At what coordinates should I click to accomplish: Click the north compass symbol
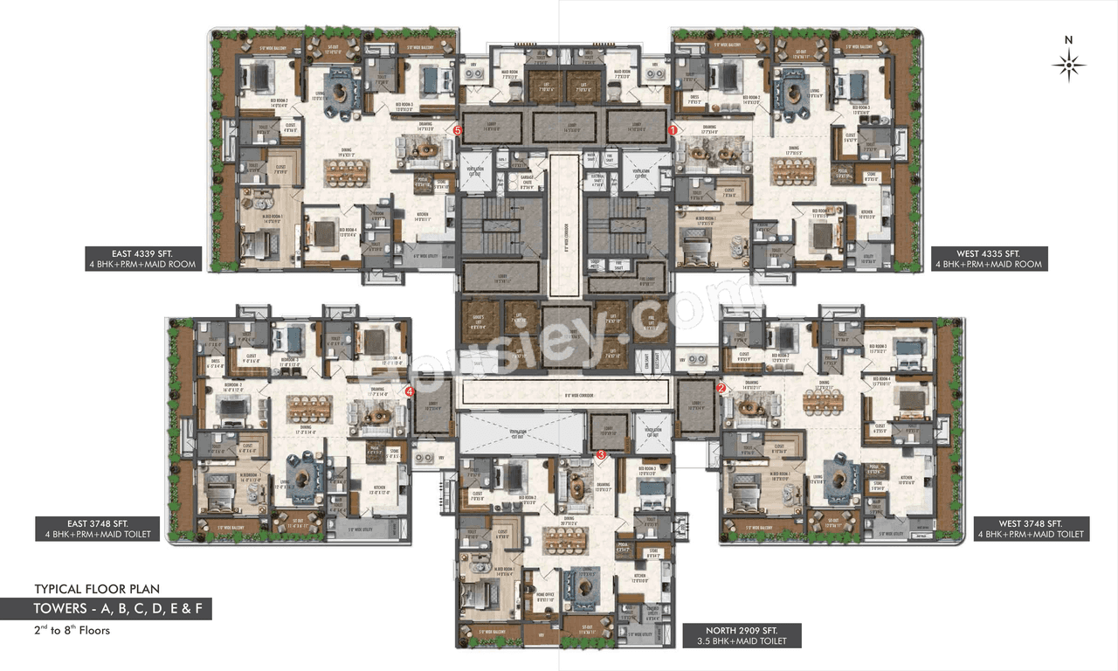click(x=1068, y=64)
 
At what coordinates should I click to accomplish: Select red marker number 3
click(x=601, y=454)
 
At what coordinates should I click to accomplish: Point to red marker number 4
click(x=409, y=392)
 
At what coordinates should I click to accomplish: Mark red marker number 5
click(x=458, y=131)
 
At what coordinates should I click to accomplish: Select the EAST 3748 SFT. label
click(x=97, y=523)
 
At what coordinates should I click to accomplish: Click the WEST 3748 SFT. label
click(x=1031, y=522)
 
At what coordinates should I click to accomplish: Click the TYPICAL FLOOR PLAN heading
click(x=97, y=589)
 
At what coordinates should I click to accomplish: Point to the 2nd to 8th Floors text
click(x=72, y=630)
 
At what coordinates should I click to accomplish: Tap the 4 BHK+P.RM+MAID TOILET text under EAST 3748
click(x=97, y=534)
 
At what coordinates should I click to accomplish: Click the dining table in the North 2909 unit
click(x=568, y=540)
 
